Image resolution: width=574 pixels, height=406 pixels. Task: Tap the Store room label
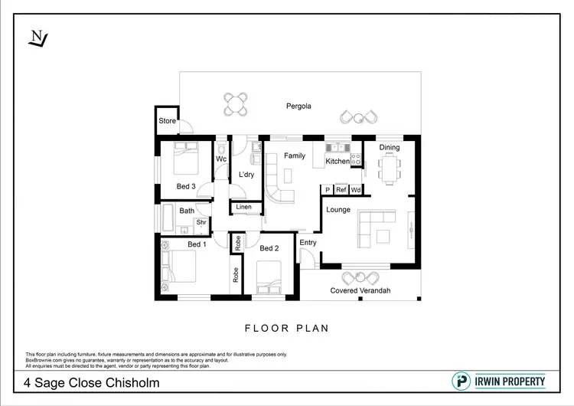click(x=167, y=121)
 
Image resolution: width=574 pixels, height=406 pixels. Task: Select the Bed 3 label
click(x=187, y=186)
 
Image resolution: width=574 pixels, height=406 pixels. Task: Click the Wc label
click(x=221, y=159)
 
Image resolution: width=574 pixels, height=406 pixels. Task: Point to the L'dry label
click(x=246, y=175)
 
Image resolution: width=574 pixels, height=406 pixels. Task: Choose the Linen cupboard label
click(x=243, y=208)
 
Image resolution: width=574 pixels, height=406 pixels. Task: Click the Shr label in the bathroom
click(x=201, y=223)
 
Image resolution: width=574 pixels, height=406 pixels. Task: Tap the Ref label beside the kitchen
click(x=341, y=189)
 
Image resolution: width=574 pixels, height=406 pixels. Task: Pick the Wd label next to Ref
click(x=356, y=189)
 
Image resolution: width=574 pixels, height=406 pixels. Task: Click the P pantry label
click(x=328, y=189)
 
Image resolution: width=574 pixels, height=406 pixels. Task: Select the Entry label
click(x=308, y=243)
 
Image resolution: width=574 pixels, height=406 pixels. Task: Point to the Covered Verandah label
click(x=360, y=290)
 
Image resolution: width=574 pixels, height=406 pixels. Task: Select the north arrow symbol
click(x=37, y=37)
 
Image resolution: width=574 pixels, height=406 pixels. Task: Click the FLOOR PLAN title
click(x=286, y=329)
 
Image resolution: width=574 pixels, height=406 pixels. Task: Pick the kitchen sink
click(x=338, y=148)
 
